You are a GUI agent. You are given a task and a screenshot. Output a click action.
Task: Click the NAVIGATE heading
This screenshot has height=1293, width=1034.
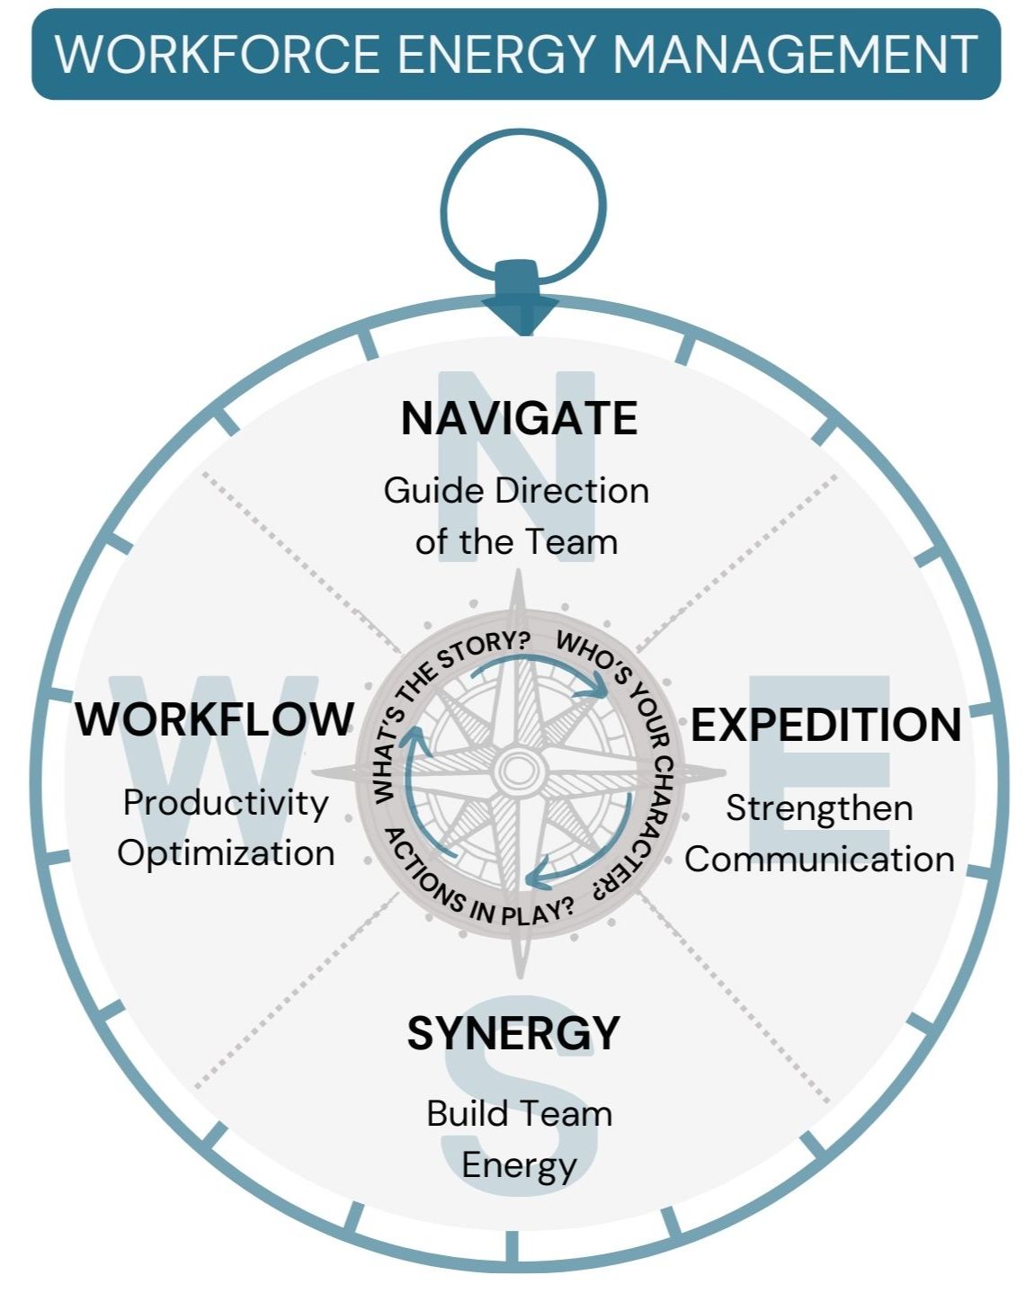click(x=519, y=419)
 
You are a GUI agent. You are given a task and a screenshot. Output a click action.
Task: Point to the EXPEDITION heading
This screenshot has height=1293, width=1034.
click(x=825, y=726)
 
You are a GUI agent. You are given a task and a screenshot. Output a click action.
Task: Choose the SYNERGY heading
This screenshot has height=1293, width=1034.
click(x=513, y=1033)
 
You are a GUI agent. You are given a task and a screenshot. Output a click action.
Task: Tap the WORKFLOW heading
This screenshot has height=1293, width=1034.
click(x=215, y=719)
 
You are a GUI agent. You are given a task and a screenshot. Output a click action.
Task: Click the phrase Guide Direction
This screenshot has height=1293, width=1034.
click(x=516, y=491)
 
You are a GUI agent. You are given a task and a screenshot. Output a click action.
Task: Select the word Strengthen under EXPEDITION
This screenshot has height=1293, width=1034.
click(x=819, y=808)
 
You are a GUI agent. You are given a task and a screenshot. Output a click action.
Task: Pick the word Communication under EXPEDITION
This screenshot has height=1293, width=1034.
click(x=819, y=859)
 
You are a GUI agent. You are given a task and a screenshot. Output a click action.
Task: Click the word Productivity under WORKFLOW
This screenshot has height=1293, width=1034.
click(x=226, y=803)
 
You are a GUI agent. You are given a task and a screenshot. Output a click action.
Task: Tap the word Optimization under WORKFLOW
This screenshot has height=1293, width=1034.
click(x=226, y=853)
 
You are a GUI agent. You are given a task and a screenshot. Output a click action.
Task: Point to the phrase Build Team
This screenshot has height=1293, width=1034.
click(x=519, y=1114)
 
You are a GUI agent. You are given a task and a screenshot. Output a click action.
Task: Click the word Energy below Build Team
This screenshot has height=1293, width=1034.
click(x=519, y=1165)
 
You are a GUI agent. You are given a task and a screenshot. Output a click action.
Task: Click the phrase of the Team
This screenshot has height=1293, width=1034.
click(x=516, y=542)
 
